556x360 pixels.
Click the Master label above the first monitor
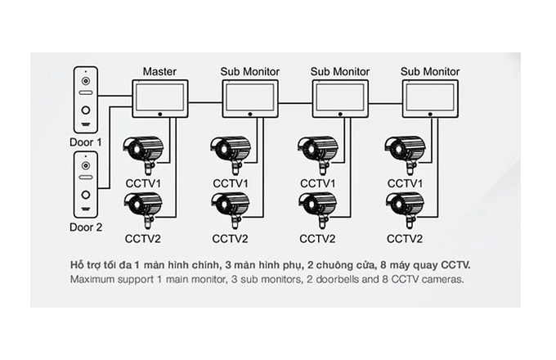click(159, 71)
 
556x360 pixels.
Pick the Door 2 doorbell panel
click(86, 186)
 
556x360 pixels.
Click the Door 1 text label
click(86, 141)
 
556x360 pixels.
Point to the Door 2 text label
click(86, 227)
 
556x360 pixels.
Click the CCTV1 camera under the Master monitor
click(145, 151)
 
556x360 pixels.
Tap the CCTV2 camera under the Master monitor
click(145, 206)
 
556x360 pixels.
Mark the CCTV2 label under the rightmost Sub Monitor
click(406, 239)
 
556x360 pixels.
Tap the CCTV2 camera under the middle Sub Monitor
click(317, 206)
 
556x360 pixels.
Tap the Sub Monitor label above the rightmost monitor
click(430, 71)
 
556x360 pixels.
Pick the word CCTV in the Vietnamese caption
click(455, 266)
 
